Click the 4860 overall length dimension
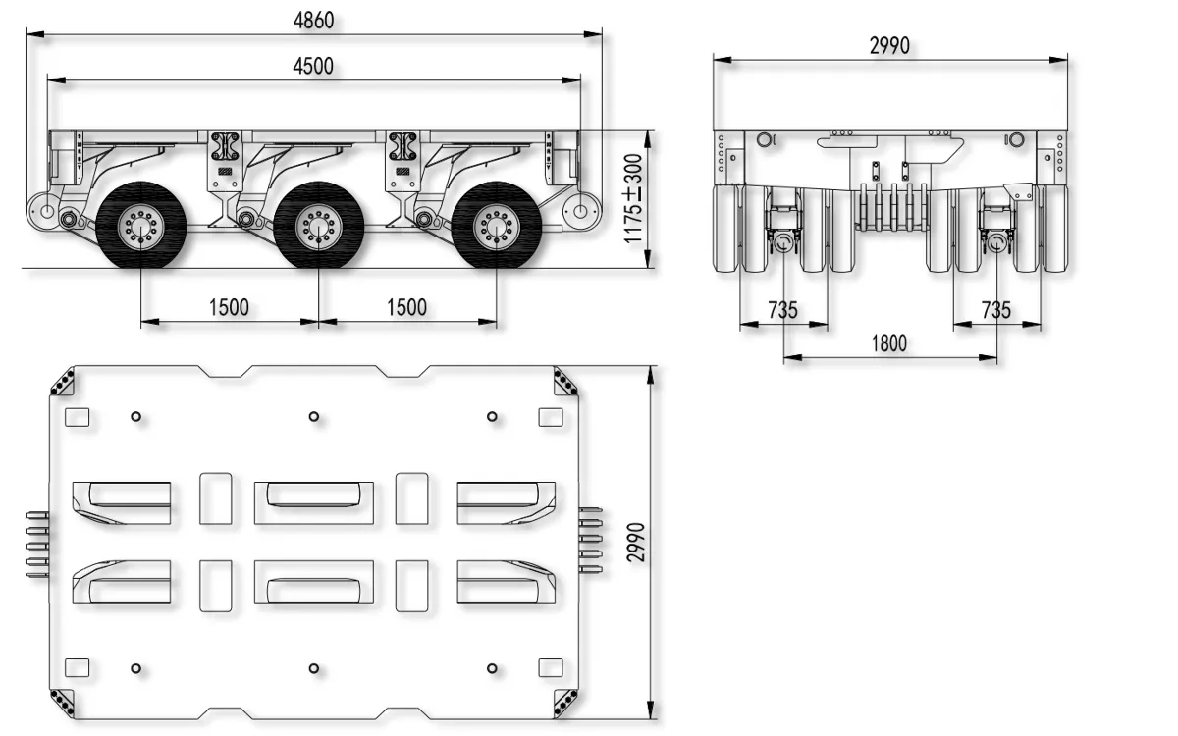[313, 19]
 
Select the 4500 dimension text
[313, 66]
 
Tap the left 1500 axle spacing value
[229, 307]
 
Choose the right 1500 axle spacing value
[406, 307]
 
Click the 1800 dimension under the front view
[888, 343]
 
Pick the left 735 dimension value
[782, 310]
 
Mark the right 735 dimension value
[995, 310]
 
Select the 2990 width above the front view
[889, 45]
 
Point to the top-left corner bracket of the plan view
[64, 381]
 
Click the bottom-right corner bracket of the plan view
[566, 703]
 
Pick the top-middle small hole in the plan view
[314, 417]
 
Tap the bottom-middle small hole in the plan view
[314, 668]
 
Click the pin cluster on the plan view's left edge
[37, 543]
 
